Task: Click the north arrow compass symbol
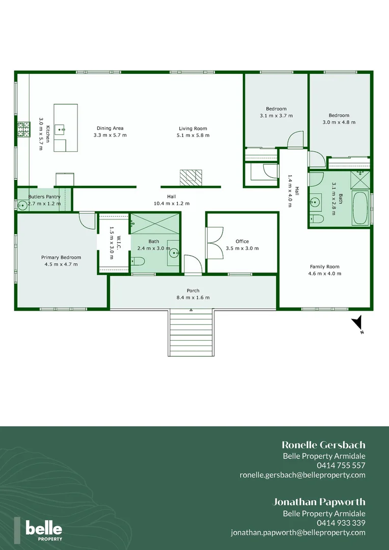coord(358,323)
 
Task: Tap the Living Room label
coord(193,128)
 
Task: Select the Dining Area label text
coord(110,128)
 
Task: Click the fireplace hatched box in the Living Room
coord(190,177)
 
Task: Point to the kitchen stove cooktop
coord(23,130)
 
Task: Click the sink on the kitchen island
coord(61,129)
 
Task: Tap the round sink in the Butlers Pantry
coord(22,205)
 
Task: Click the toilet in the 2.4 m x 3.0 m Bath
coord(138,262)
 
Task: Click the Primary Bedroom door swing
coord(88,221)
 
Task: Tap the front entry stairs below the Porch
coord(190,334)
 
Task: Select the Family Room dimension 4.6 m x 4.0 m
coord(324,273)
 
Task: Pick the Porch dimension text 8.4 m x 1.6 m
coord(193,297)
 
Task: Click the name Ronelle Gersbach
coord(323,445)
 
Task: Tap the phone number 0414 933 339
coord(341,523)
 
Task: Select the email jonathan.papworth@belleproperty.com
coord(298,532)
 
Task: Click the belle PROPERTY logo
coord(44,530)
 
